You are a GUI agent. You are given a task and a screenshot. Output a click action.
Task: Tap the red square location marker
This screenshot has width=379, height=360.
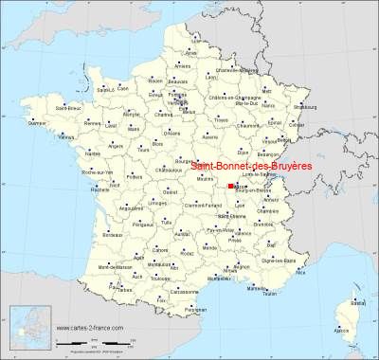(x=231, y=186)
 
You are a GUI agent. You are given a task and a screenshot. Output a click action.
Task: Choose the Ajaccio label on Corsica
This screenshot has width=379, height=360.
(x=342, y=329)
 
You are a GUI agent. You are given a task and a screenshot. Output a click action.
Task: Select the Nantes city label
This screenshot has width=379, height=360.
(x=93, y=153)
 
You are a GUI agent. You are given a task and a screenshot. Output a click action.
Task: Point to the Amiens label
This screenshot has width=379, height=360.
(x=182, y=65)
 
